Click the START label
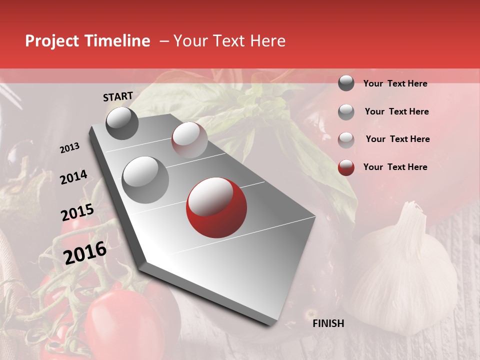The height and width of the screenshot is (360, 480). tap(118, 96)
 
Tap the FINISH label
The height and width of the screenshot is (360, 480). tap(328, 323)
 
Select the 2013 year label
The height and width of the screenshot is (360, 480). tap(69, 148)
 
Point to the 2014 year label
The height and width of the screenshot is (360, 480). tap(73, 177)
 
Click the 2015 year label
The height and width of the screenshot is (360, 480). tap(77, 212)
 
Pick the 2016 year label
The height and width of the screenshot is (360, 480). tap(85, 253)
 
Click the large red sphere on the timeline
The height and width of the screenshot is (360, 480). tap(216, 207)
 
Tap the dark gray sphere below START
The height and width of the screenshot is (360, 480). tap(122, 123)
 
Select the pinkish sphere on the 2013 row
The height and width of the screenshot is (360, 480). tap(189, 139)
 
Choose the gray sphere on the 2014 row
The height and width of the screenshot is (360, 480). tap(145, 179)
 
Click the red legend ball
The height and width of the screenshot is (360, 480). tap(346, 167)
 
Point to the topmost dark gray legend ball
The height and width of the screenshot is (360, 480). tap(346, 83)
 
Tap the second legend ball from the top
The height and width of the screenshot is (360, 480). tap(346, 112)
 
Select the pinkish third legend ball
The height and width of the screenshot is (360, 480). tap(346, 139)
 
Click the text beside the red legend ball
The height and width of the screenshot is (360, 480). tap(395, 167)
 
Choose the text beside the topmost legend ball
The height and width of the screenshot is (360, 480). tap(395, 83)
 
